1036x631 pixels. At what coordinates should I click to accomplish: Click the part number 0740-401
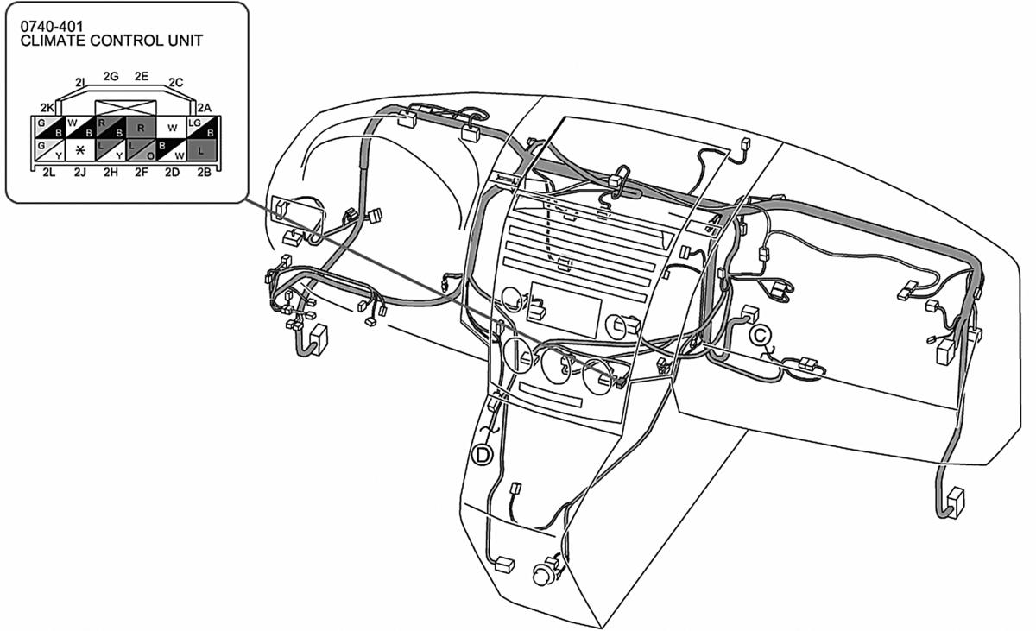pyautogui.click(x=52, y=27)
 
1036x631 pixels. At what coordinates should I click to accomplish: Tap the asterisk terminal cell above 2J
pyautogui.click(x=80, y=150)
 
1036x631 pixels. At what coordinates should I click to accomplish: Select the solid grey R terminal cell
pyautogui.click(x=141, y=128)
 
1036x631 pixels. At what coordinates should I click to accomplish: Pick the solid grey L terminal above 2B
pyautogui.click(x=201, y=150)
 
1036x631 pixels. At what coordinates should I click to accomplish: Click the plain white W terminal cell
pyautogui.click(x=172, y=128)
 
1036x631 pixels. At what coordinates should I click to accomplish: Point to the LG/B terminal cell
pyautogui.click(x=201, y=128)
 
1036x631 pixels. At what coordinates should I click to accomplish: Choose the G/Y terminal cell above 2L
pyautogui.click(x=50, y=150)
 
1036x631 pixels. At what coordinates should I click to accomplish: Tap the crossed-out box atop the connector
pyautogui.click(x=126, y=108)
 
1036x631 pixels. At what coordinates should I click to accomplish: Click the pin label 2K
pyautogui.click(x=47, y=108)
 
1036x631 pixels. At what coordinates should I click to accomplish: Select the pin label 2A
pyautogui.click(x=205, y=108)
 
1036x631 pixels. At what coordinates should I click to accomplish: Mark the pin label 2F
pyautogui.click(x=141, y=173)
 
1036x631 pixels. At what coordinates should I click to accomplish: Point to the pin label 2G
pyautogui.click(x=111, y=76)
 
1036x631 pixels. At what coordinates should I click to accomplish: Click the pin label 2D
pyautogui.click(x=172, y=173)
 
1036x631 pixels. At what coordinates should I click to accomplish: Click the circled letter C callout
pyautogui.click(x=760, y=335)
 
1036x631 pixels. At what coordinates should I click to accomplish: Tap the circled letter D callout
pyautogui.click(x=482, y=455)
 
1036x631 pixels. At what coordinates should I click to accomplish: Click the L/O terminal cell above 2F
pyautogui.click(x=141, y=150)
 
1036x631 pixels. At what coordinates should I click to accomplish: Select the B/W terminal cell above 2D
pyautogui.click(x=172, y=150)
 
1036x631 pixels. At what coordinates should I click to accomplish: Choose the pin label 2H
pyautogui.click(x=111, y=173)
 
